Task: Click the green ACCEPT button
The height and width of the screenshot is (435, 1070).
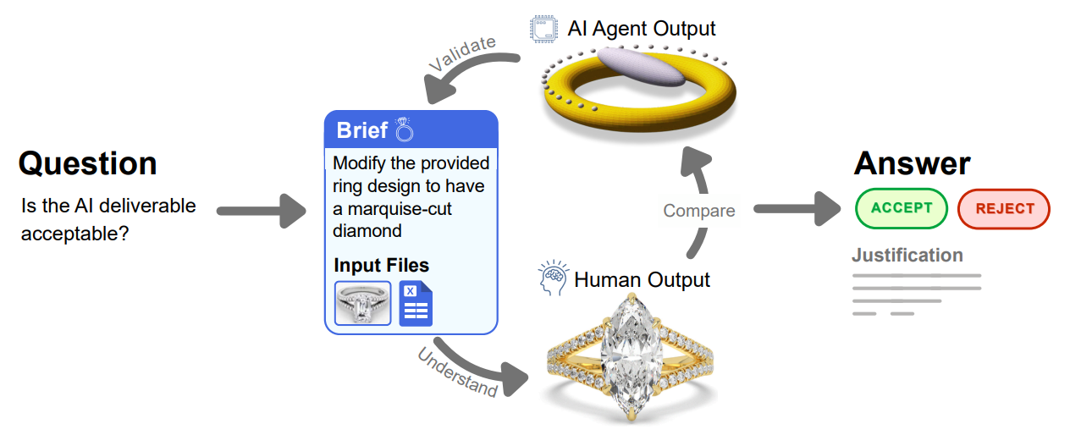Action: pyautogui.click(x=901, y=208)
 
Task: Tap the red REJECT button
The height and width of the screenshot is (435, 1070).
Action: pyautogui.click(x=1004, y=209)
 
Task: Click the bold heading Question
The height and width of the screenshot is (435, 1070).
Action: pyautogui.click(x=87, y=163)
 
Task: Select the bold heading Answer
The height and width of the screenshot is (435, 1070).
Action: pyautogui.click(x=912, y=162)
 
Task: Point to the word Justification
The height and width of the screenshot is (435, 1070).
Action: pyautogui.click(x=907, y=256)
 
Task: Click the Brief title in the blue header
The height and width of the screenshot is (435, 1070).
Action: pyautogui.click(x=361, y=131)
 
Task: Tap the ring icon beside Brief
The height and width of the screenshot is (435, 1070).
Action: pyautogui.click(x=404, y=129)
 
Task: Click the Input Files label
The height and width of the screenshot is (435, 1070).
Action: pyautogui.click(x=381, y=265)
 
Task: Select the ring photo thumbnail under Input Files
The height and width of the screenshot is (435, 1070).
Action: pyautogui.click(x=362, y=304)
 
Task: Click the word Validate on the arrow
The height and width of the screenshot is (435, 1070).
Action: pyautogui.click(x=461, y=56)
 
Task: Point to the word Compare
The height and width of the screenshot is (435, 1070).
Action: pyautogui.click(x=699, y=211)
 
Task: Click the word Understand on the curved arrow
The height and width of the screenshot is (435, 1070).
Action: pyautogui.click(x=457, y=372)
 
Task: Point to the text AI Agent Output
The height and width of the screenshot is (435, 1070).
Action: pyautogui.click(x=642, y=29)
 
